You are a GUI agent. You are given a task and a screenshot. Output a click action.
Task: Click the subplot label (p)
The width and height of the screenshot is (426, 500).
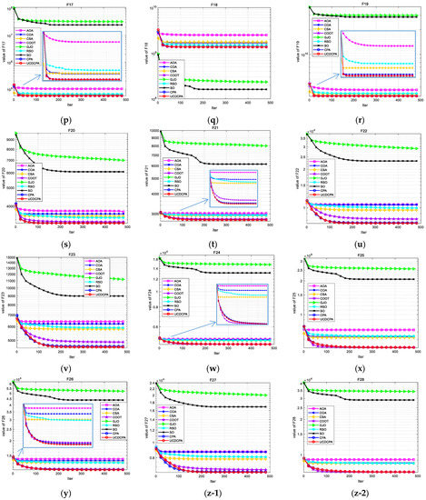[71, 117]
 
